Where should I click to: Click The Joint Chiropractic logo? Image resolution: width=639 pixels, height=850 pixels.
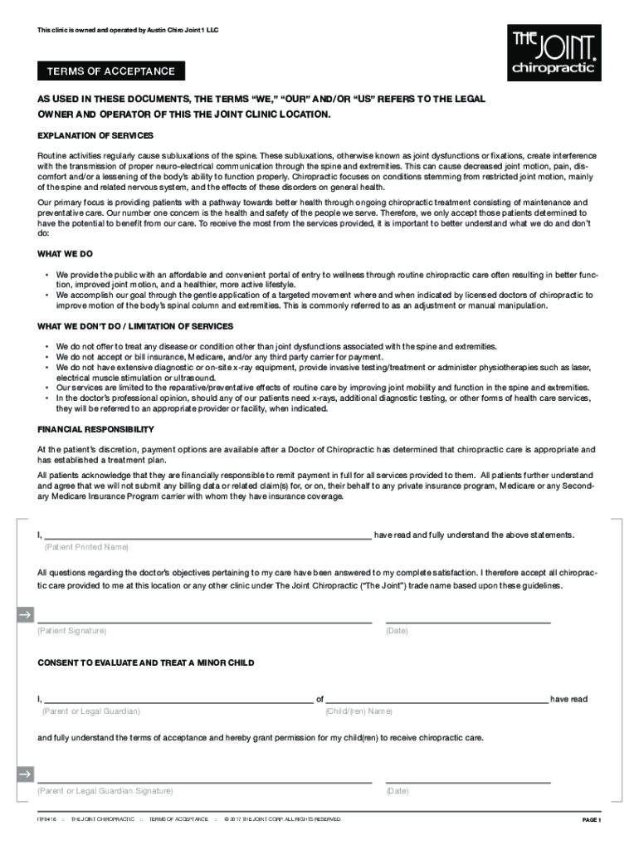(554, 52)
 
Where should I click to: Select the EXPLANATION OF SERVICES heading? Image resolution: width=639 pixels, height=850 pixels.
(95, 135)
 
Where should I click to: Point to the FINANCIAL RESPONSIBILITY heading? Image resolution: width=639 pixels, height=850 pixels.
(95, 429)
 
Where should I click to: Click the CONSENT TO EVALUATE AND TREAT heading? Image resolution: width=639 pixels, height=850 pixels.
(146, 663)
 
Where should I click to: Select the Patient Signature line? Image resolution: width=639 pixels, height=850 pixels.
(204, 621)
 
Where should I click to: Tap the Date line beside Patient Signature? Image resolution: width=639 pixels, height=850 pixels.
(468, 621)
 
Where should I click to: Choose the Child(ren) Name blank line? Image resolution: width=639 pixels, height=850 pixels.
(437, 701)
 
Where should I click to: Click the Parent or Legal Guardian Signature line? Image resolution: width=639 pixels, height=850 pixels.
(204, 780)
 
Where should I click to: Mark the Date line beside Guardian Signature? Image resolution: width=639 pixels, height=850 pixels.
(468, 780)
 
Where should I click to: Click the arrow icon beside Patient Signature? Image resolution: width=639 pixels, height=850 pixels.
(25, 615)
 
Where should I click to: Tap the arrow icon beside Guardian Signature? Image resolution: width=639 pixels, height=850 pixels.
(25, 775)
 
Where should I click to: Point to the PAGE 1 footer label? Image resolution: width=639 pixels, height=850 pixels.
(591, 820)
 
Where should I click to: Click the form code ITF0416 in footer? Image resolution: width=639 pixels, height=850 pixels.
(46, 819)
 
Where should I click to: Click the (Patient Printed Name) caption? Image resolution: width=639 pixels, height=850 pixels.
(86, 547)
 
